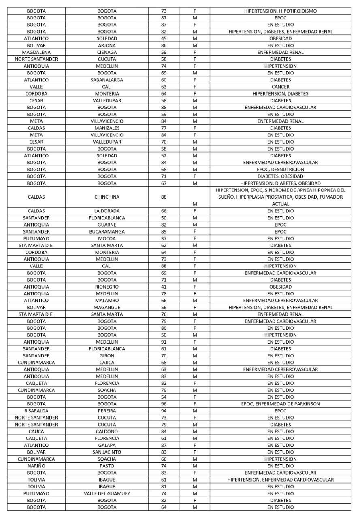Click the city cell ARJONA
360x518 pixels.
point(107,45)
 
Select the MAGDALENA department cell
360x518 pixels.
point(36,52)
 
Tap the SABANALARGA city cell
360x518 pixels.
point(107,80)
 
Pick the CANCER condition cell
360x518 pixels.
point(280,87)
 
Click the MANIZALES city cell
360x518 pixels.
point(107,128)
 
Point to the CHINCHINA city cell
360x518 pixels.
point(107,197)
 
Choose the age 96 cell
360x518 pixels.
point(164,404)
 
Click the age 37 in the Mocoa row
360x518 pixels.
point(164,238)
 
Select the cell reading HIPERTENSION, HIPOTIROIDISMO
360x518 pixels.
point(280,11)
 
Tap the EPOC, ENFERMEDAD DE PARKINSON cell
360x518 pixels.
point(280,404)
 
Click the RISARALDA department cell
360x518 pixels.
point(36,411)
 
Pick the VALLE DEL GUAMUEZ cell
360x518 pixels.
point(107,493)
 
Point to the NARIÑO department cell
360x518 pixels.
point(36,466)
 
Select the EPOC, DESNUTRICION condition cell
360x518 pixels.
point(280,169)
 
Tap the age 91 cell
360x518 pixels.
point(164,342)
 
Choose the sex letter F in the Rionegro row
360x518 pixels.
point(195,287)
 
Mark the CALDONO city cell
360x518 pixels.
point(107,431)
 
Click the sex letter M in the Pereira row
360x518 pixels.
point(195,411)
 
